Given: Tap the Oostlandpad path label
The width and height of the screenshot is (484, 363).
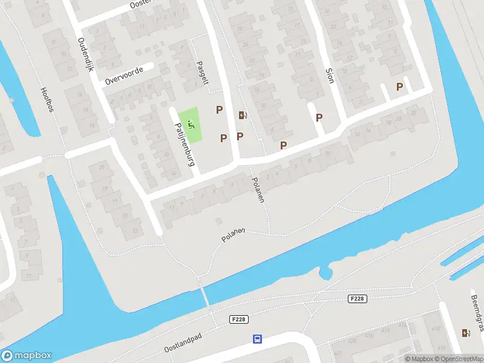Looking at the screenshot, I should tap(191, 342).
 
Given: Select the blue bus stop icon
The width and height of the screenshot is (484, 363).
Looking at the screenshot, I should tap(257, 339).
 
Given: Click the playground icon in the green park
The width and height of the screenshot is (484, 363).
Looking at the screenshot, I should tap(191, 125).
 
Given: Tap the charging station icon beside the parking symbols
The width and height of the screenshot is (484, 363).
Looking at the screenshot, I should tap(243, 116).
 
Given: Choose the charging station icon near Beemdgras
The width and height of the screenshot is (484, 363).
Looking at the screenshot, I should tap(465, 333).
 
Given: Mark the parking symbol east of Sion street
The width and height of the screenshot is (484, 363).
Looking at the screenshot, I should tap(399, 87).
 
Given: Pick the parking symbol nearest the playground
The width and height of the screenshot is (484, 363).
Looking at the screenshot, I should tap(219, 110).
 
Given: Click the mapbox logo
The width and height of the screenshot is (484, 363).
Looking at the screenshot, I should tap(27, 356).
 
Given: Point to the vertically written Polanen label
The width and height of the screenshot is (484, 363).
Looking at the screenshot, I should tap(259, 190).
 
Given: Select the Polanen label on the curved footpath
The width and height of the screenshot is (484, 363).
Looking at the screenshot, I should tap(233, 235).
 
